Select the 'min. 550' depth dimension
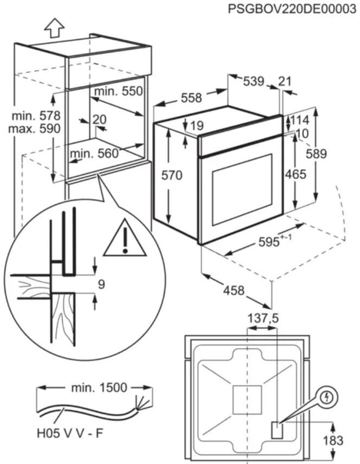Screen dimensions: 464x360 pos(118,91)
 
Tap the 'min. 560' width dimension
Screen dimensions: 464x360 pos(94,154)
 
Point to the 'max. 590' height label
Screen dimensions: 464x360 pos(35,129)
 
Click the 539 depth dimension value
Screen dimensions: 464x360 pos(254,81)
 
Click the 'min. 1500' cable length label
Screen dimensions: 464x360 pos(99,388)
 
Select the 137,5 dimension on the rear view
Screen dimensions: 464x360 pos(263,318)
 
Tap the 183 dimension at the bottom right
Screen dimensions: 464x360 pos(333,440)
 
